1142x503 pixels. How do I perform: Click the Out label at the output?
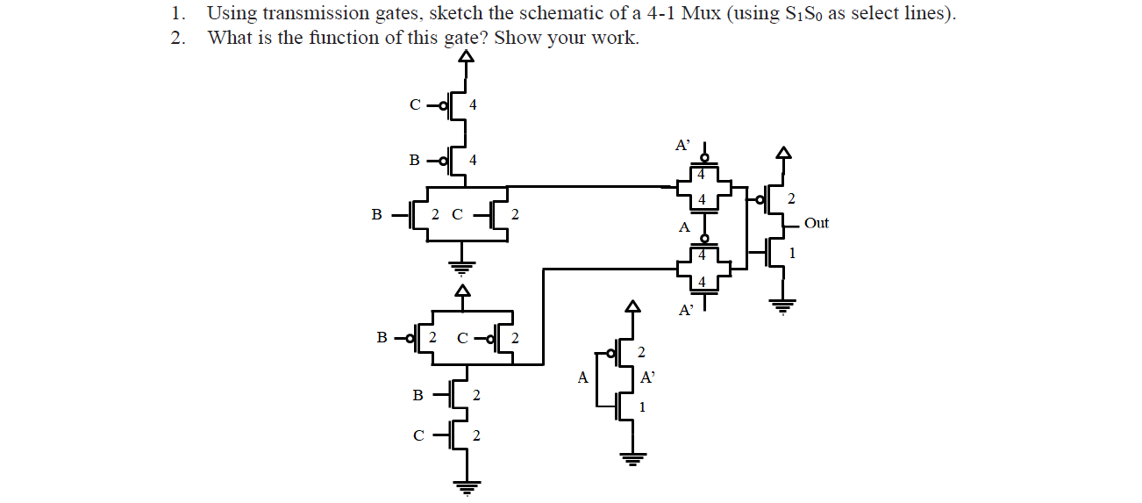coord(816,223)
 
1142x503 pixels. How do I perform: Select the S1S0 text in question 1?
coord(801,15)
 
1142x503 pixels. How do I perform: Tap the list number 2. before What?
coord(179,38)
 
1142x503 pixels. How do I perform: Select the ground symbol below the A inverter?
coord(630,457)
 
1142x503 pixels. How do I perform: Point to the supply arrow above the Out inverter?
coord(782,154)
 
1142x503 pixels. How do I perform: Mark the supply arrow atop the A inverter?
coord(630,306)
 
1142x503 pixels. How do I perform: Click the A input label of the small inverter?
coord(582,378)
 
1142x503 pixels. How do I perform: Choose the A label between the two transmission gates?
coord(684,227)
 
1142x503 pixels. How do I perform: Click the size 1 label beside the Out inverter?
coord(792,254)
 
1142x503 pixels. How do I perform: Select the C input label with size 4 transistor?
coord(415,104)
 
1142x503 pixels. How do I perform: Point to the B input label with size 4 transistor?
coord(415,160)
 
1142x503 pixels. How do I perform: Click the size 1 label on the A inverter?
coord(642,407)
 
